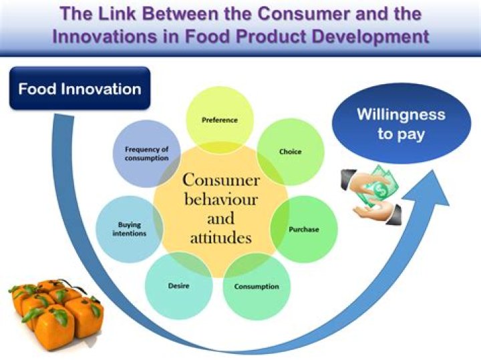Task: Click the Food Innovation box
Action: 79,89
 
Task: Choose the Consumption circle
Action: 257,287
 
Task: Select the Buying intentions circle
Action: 130,229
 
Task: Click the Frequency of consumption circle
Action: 146,153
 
